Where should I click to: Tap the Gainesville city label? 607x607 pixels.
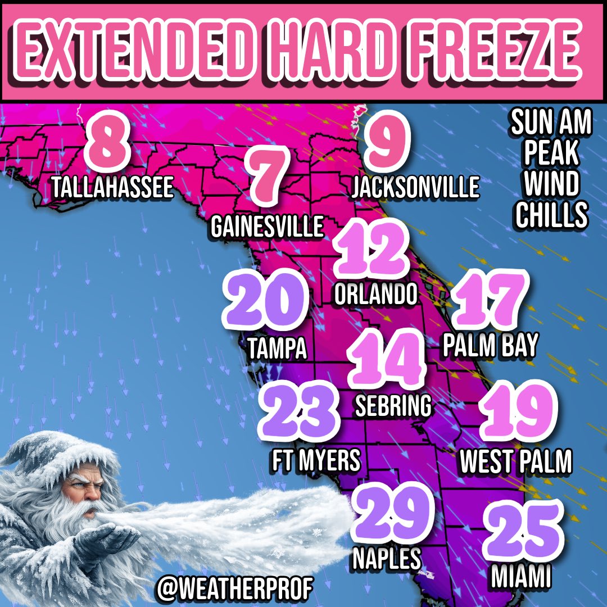(267, 227)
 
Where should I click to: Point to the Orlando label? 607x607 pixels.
(375, 294)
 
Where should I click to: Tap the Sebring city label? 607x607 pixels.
(393, 406)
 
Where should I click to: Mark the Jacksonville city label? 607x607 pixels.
(415, 187)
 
